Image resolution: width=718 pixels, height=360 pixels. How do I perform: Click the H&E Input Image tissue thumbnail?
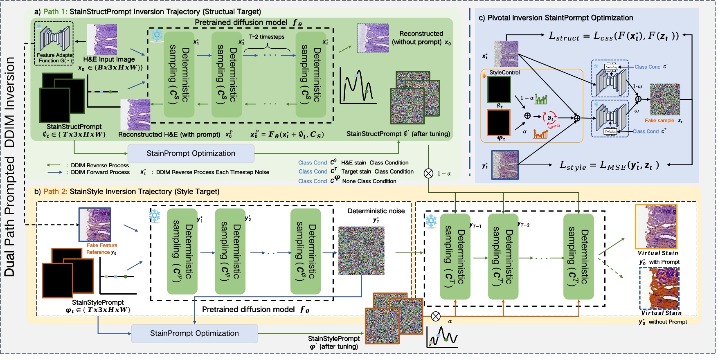coord(102,39)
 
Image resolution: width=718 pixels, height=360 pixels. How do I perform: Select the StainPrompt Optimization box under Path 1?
coord(191,153)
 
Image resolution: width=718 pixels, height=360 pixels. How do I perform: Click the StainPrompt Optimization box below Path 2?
coord(194,333)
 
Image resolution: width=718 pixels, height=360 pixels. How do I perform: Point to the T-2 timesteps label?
coord(267,37)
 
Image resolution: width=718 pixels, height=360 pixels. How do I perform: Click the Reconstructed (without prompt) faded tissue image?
coord(373,38)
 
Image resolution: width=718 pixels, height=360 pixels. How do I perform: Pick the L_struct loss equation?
coord(614,36)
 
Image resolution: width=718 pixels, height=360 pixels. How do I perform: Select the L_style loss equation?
coord(609,165)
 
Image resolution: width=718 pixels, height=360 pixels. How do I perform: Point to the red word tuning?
coord(554,126)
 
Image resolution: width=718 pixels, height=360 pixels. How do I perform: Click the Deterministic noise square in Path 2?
coord(361,250)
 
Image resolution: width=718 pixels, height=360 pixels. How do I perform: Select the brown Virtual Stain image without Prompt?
coord(659,288)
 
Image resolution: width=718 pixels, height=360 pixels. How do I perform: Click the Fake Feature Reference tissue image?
coord(95,224)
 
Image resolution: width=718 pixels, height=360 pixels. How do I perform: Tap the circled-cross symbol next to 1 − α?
coord(428,173)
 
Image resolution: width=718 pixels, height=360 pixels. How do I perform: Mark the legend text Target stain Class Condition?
coord(377,172)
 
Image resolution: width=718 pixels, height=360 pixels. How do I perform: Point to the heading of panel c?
coord(556,18)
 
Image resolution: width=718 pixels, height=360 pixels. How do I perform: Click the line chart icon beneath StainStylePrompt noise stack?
coord(442,337)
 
